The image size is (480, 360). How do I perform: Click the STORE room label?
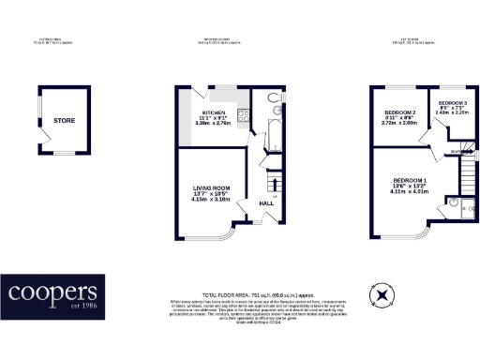[x=63, y=121]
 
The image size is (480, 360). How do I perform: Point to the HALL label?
[x=266, y=202]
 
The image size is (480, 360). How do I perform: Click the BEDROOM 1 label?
[x=410, y=180]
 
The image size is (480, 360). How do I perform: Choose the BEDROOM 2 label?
[x=398, y=112]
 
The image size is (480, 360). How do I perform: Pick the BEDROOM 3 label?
[x=452, y=102]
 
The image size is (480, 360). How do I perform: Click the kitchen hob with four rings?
[x=243, y=117]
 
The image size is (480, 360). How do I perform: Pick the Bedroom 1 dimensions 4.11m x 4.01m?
[x=410, y=192]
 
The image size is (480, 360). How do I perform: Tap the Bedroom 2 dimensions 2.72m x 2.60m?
[x=398, y=124]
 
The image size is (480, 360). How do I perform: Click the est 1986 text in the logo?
[x=82, y=308]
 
